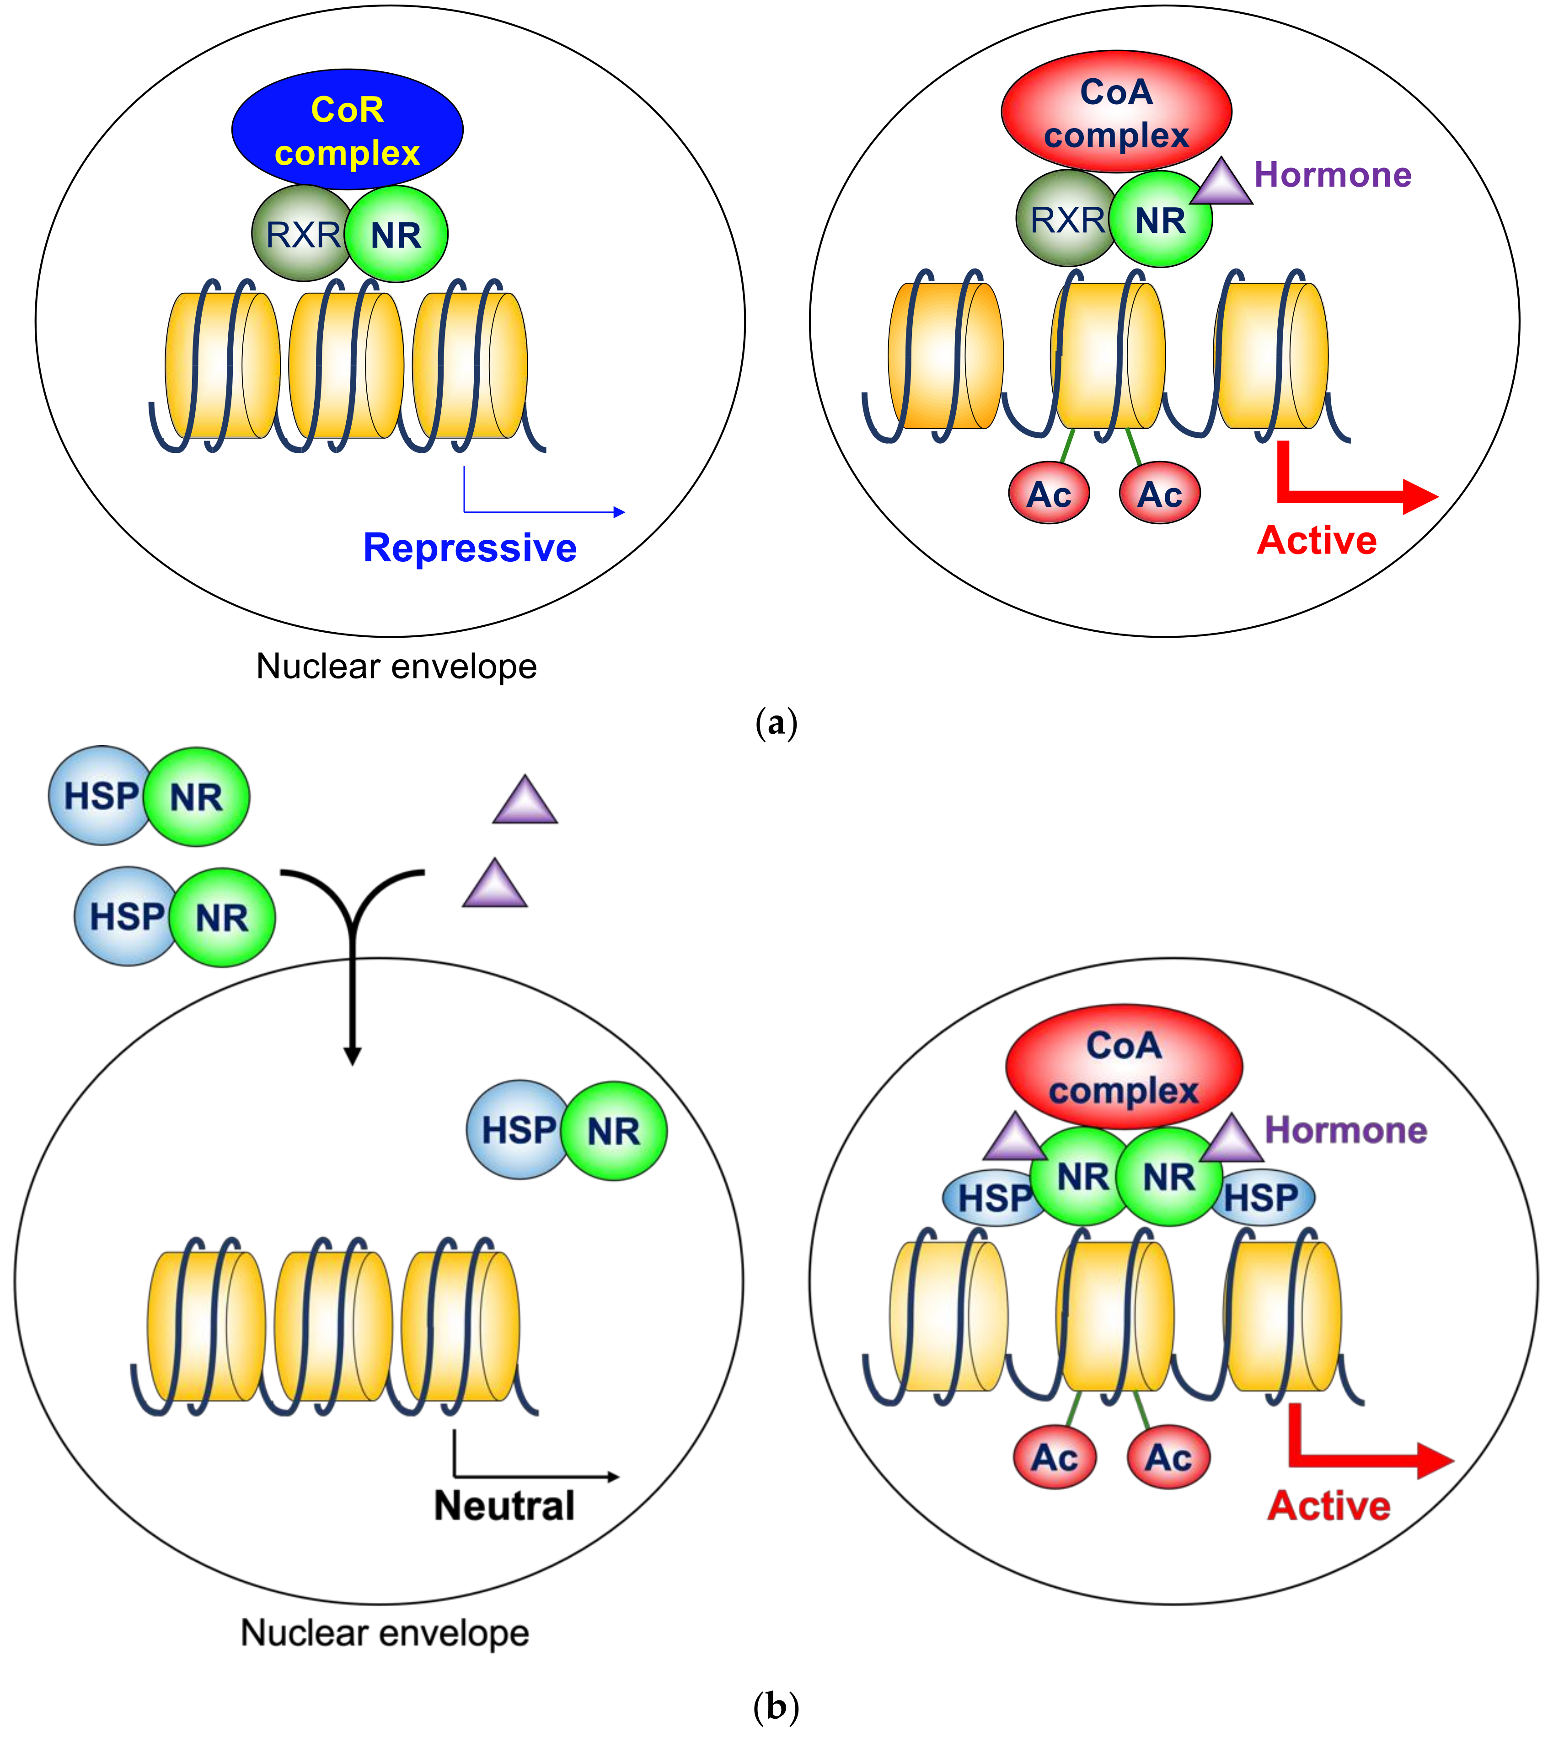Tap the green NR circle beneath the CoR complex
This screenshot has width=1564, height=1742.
(396, 234)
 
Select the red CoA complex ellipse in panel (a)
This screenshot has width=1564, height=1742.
(1116, 112)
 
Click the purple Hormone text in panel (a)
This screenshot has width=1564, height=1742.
(1333, 174)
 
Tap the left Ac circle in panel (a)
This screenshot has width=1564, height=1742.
(1049, 492)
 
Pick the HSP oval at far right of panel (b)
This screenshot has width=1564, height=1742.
(1262, 1196)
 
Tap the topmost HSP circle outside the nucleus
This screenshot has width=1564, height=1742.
(101, 796)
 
